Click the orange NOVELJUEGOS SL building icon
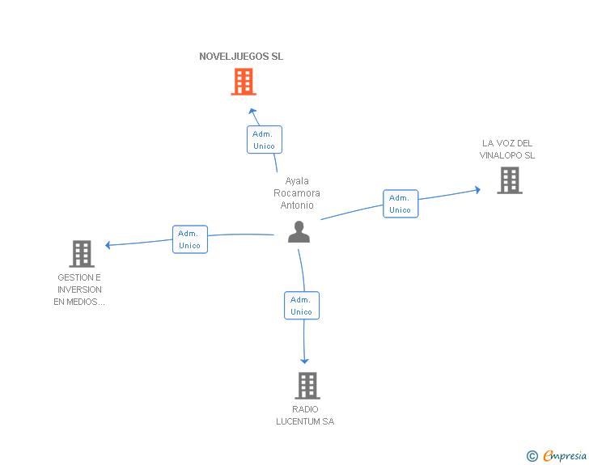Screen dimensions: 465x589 244,82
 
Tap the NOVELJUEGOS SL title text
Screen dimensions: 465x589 241,57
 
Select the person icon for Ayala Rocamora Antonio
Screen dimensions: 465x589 299,232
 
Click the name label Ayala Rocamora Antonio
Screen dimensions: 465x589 297,193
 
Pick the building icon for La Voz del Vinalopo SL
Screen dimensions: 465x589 509,180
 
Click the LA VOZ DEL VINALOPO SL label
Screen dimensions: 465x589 507,150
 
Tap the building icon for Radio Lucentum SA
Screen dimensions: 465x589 307,386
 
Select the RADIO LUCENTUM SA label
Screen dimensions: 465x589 305,415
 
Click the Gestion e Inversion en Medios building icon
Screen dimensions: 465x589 81,254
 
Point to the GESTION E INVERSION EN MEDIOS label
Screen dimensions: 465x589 79,290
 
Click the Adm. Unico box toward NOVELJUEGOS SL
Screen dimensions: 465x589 264,140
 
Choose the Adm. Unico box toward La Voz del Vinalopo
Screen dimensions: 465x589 400,204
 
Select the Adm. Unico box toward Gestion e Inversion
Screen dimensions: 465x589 190,239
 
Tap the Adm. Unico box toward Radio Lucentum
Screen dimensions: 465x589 302,306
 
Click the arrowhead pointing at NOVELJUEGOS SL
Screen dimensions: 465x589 252,111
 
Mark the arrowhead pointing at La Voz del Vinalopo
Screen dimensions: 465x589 477,190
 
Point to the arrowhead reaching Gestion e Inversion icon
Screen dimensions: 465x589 108,244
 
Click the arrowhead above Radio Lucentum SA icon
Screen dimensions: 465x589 305,361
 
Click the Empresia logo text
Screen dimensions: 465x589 565,455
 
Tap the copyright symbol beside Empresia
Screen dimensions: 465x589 532,456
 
